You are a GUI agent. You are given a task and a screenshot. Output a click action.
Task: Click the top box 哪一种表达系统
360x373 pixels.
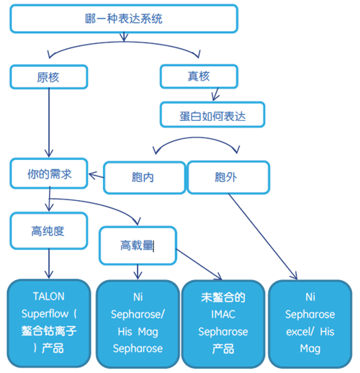(x=124, y=19)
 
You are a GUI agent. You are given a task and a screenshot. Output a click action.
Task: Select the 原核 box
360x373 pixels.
(x=49, y=77)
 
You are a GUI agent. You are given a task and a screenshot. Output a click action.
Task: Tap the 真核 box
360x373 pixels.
(x=199, y=76)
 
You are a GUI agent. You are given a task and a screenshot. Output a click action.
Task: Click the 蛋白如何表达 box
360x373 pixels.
(x=212, y=114)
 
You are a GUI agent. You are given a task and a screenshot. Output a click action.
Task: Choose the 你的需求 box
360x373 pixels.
(x=49, y=174)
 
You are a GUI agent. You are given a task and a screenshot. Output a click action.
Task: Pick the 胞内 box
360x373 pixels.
(x=145, y=178)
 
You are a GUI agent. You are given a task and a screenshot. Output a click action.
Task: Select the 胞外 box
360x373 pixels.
(x=228, y=177)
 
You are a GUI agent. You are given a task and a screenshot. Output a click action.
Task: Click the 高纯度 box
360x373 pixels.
(x=49, y=231)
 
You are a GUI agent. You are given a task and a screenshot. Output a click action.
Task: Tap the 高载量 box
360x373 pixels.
(x=138, y=246)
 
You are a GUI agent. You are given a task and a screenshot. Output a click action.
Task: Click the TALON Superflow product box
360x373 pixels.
(x=49, y=323)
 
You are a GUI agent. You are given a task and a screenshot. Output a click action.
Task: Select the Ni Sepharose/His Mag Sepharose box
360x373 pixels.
(x=138, y=324)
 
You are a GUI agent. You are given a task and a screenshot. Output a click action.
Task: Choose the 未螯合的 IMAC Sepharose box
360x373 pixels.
(x=223, y=324)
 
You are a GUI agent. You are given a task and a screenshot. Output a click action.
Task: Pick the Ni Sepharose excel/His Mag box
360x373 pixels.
(x=310, y=324)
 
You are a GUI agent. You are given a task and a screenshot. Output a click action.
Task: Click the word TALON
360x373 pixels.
(x=49, y=297)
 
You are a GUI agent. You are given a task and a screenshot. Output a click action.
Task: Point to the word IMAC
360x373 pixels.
(x=223, y=315)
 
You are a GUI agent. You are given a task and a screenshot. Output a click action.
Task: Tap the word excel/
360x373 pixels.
(x=300, y=332)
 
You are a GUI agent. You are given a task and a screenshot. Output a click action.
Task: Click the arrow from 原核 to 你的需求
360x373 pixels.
(x=49, y=122)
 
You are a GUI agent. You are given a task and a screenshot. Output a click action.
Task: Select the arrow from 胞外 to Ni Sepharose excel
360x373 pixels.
(x=263, y=237)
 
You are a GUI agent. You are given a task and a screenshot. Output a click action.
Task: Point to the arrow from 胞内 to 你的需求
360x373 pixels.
(x=96, y=176)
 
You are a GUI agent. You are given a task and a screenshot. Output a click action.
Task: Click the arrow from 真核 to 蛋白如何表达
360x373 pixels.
(x=215, y=94)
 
